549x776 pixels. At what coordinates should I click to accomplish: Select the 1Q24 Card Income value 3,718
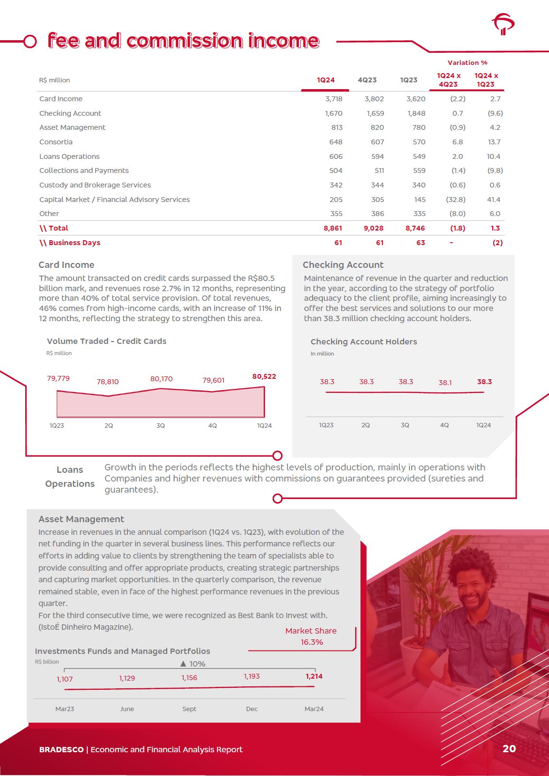click(x=333, y=99)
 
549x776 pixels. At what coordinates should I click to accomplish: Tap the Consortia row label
click(x=56, y=142)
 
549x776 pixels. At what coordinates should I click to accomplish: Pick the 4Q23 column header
click(x=367, y=80)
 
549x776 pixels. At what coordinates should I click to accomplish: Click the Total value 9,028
click(x=374, y=228)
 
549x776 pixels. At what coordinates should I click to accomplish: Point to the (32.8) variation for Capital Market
click(x=455, y=200)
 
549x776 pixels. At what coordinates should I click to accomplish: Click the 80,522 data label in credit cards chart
click(x=264, y=376)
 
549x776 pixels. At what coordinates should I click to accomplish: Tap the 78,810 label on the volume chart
click(x=108, y=382)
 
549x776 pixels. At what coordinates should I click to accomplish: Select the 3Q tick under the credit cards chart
click(x=160, y=425)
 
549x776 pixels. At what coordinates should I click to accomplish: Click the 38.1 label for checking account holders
click(x=445, y=383)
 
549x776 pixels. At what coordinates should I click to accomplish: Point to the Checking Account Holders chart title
click(x=363, y=341)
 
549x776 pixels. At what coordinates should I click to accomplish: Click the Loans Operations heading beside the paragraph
click(x=70, y=477)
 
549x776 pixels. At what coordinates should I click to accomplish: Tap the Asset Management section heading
click(x=81, y=519)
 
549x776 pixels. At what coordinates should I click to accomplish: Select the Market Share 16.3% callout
click(x=311, y=636)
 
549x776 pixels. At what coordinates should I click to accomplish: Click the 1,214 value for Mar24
click(x=314, y=676)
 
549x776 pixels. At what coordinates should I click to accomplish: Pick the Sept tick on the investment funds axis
click(x=189, y=709)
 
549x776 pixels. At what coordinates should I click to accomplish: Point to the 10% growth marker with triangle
click(x=193, y=664)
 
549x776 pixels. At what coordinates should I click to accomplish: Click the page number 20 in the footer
click(x=509, y=749)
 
